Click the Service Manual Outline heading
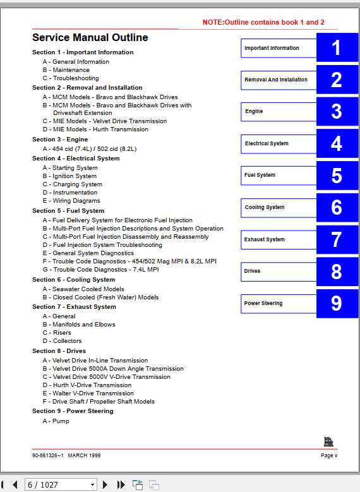(90, 38)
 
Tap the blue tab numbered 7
(337, 240)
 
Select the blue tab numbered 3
(337, 112)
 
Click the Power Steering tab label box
(278, 304)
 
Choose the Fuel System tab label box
(278, 176)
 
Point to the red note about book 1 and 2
(263, 22)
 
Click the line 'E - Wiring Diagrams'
(71, 201)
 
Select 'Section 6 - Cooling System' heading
(74, 280)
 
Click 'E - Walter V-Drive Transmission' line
(88, 393)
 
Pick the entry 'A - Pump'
(56, 421)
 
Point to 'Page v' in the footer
(328, 455)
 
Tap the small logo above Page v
(328, 442)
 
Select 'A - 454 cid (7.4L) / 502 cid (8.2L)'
(90, 149)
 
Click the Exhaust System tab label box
(278, 240)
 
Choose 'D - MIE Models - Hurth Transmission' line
(95, 129)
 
